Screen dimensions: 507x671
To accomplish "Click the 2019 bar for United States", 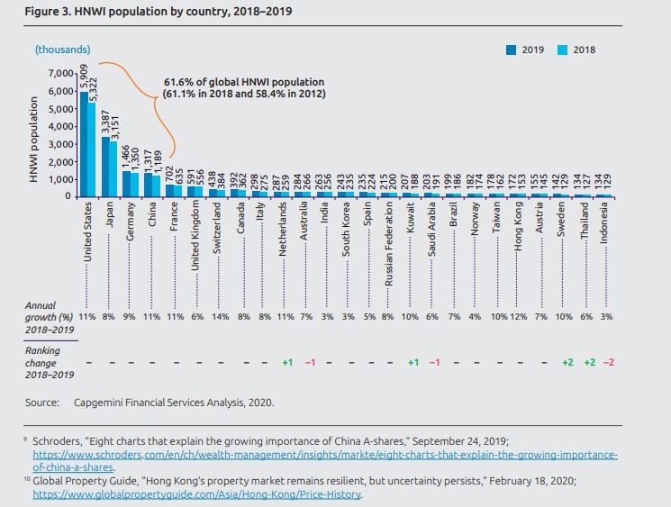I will (x=83, y=144).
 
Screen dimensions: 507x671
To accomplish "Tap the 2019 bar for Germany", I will (x=127, y=184).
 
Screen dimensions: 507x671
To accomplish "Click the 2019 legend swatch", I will (x=511, y=50).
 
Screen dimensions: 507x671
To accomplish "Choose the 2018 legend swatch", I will (x=561, y=50).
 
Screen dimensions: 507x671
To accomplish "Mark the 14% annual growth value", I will (x=219, y=318).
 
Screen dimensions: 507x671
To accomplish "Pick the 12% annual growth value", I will (x=519, y=318).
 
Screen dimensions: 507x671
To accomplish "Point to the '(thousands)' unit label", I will (x=62, y=50).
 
